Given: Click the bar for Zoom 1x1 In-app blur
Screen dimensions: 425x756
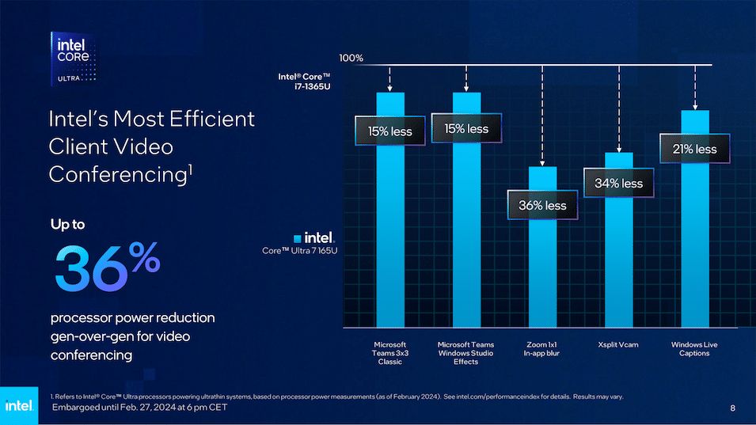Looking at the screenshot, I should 542,269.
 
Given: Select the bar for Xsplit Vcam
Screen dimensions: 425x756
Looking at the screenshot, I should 618,261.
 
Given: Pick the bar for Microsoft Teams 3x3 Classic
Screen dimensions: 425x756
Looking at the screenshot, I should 389,237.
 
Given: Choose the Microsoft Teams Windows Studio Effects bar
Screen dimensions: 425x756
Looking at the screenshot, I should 466,237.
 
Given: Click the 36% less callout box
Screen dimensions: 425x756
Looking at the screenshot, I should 542,205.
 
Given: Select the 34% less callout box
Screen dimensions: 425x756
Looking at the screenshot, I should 618,184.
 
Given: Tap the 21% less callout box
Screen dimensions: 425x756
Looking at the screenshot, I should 694,149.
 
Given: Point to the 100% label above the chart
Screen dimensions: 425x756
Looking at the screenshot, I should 351,58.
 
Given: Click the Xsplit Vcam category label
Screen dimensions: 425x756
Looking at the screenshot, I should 618,345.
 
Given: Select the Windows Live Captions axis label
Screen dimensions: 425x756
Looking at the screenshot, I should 694,349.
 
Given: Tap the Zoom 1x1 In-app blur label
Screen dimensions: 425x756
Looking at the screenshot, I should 542,349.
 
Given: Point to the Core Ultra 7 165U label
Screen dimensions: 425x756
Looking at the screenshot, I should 298,251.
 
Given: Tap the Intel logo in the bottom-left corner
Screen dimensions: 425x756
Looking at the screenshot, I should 18,405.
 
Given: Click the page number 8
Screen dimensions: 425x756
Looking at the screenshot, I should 732,408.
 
